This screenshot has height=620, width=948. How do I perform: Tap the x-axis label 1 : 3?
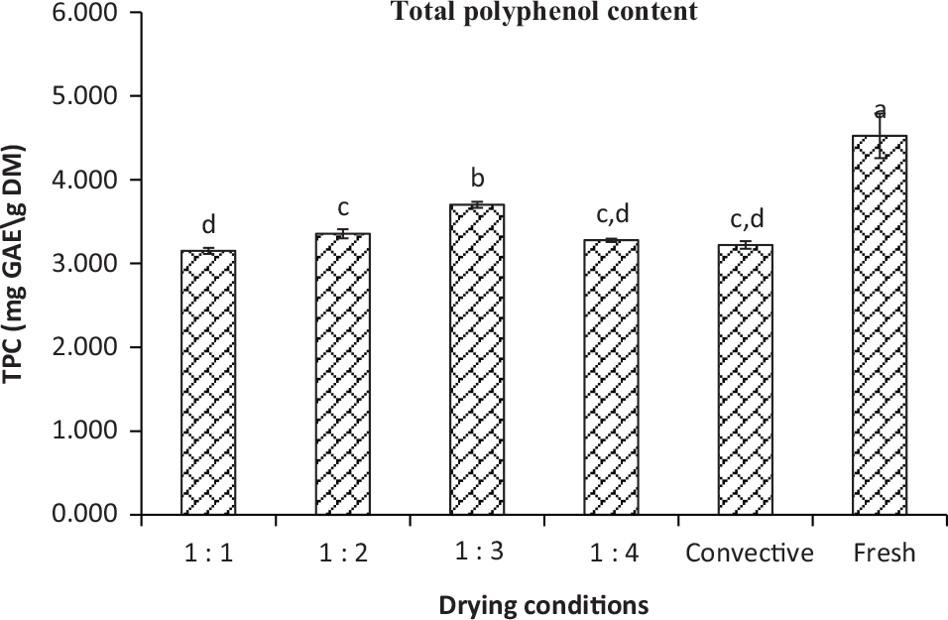pos(477,553)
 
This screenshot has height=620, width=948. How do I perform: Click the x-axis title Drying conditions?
pos(544,603)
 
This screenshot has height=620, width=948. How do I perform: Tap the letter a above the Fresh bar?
pos(880,112)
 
